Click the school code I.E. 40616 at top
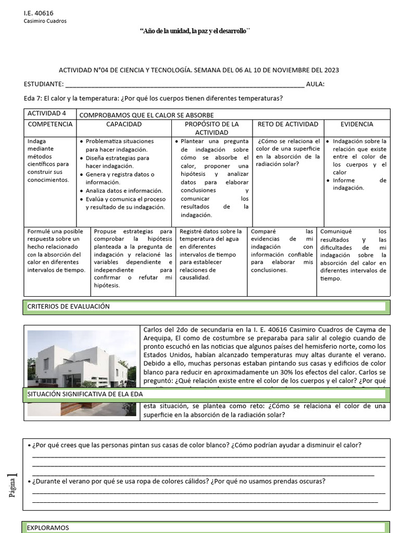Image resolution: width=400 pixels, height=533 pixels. (39, 12)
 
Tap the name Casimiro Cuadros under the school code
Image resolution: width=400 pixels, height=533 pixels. (45, 21)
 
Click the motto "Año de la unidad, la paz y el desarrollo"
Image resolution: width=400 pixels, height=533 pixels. (195, 31)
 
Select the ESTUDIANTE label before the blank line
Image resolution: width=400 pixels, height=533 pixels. (44, 84)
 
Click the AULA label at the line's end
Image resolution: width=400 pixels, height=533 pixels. (315, 84)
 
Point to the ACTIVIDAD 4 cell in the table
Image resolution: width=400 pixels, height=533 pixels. (47, 114)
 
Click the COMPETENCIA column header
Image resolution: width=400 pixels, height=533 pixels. (50, 124)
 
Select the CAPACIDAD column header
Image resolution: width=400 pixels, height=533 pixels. (124, 124)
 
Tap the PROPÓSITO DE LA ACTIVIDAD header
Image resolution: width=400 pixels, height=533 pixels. (211, 129)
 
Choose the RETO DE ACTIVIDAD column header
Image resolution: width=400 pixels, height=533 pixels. (287, 124)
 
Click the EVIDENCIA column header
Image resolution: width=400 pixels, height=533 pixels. (357, 124)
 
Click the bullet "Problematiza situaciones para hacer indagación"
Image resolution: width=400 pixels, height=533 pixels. (119, 145)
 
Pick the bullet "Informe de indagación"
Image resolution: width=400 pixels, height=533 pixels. (359, 184)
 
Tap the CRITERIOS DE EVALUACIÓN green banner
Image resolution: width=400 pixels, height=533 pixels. (206, 307)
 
